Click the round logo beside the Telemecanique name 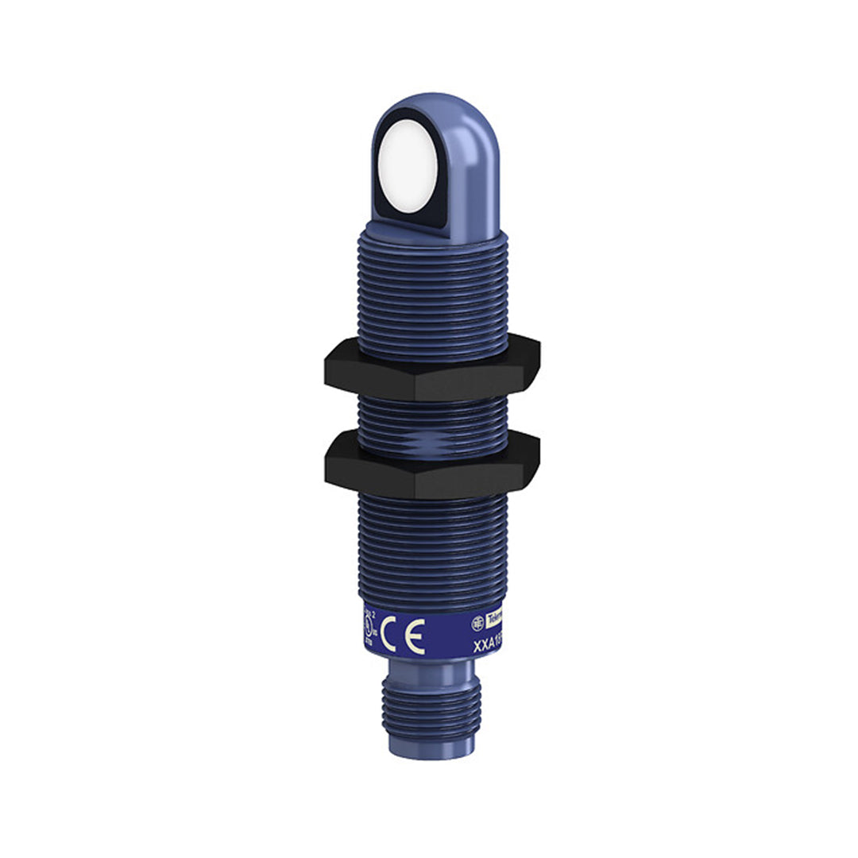(478, 622)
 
